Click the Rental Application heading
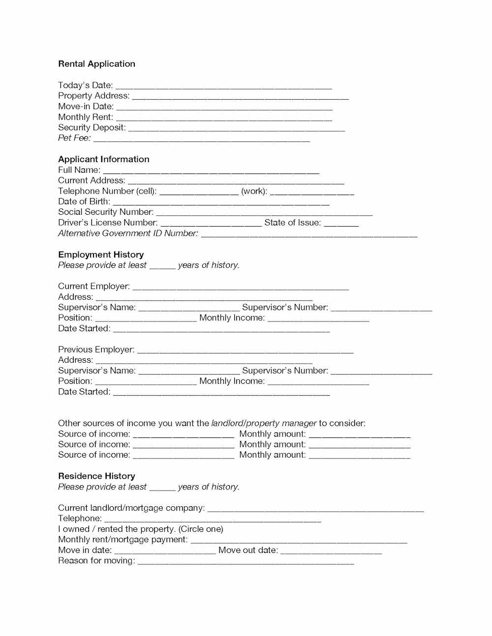click(x=96, y=64)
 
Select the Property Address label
click(x=93, y=96)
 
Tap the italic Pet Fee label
click(x=74, y=138)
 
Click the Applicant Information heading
click(x=103, y=159)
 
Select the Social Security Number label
click(x=105, y=212)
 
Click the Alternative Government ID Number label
click(x=128, y=233)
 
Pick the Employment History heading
click(x=101, y=255)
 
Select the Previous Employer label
click(x=96, y=349)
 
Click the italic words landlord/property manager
click(x=264, y=423)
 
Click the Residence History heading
click(x=96, y=476)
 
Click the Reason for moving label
click(x=96, y=561)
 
